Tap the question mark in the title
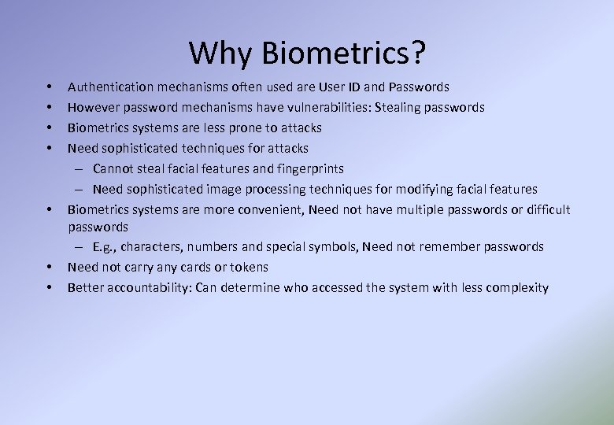(417, 53)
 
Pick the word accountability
(143, 288)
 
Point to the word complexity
(517, 288)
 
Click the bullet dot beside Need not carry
(49, 268)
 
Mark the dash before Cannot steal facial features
(81, 168)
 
